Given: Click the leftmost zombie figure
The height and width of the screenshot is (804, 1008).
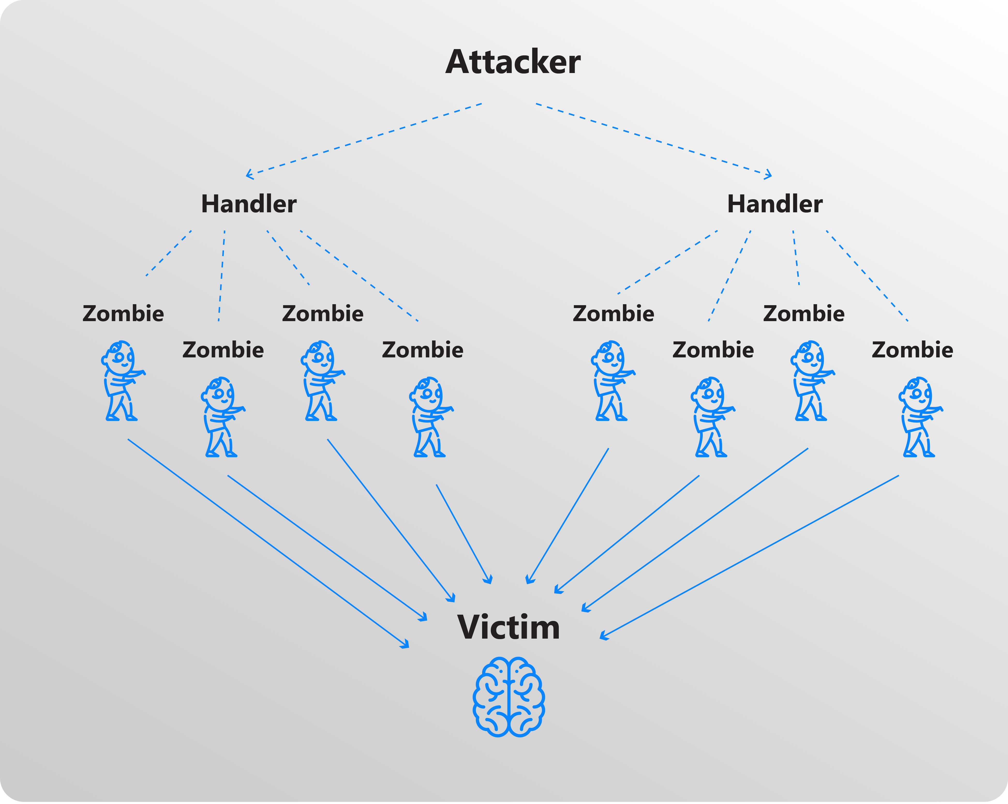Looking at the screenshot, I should (x=122, y=381).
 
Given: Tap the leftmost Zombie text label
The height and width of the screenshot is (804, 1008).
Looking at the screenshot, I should (x=123, y=314).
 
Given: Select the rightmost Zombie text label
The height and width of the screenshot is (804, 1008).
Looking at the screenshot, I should (x=912, y=350).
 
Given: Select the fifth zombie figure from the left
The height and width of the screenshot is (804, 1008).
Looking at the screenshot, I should (x=612, y=381).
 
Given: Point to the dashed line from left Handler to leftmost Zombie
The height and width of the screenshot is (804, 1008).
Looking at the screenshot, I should (x=169, y=253).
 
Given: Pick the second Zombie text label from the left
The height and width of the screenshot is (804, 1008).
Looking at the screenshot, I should (x=223, y=350).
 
